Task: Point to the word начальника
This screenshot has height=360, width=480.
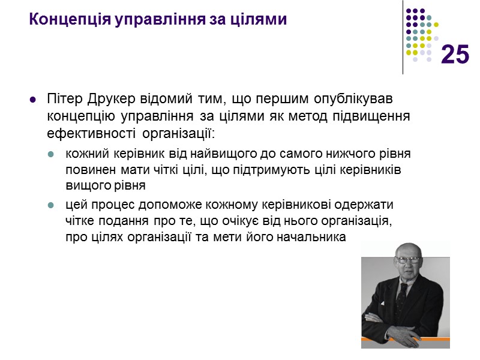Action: pyautogui.click(x=311, y=237)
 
